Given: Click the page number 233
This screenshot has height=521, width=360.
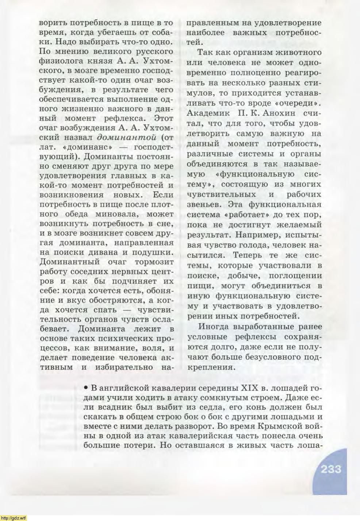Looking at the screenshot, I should (331, 469).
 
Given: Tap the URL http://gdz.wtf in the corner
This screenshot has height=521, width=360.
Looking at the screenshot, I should (14, 518).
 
